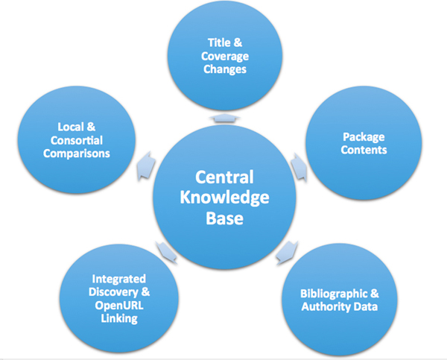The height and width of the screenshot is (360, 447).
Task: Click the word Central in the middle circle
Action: pos(223,178)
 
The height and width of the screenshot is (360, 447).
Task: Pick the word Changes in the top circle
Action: pos(224,69)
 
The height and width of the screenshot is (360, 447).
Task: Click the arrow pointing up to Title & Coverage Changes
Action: pos(224,119)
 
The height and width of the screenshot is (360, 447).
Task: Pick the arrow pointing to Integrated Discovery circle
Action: pos(165,252)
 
